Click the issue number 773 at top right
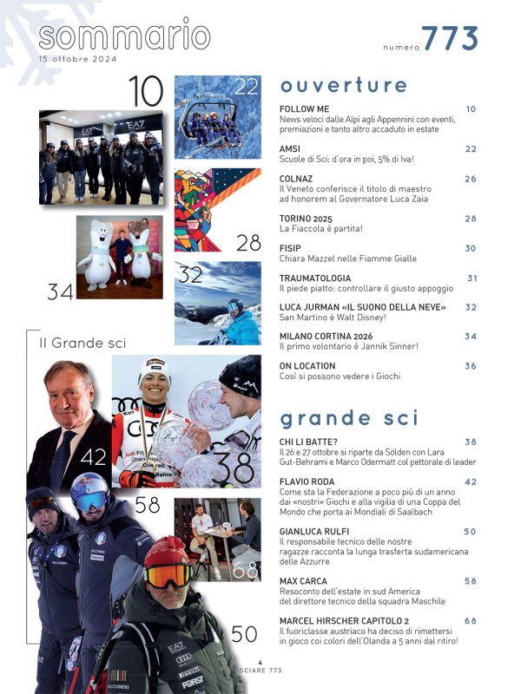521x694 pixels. click(450, 39)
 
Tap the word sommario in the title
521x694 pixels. click(124, 36)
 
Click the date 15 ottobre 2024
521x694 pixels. click(79, 59)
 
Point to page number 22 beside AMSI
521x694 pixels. click(471, 149)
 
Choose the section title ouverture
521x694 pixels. click(343, 85)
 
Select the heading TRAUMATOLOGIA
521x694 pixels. click(314, 278)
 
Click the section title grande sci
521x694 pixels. click(349, 418)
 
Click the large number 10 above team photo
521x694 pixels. click(146, 91)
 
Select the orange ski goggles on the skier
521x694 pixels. click(168, 574)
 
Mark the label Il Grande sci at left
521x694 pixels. click(83, 343)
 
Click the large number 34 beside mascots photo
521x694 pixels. click(60, 292)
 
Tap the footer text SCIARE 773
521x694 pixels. click(260, 671)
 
